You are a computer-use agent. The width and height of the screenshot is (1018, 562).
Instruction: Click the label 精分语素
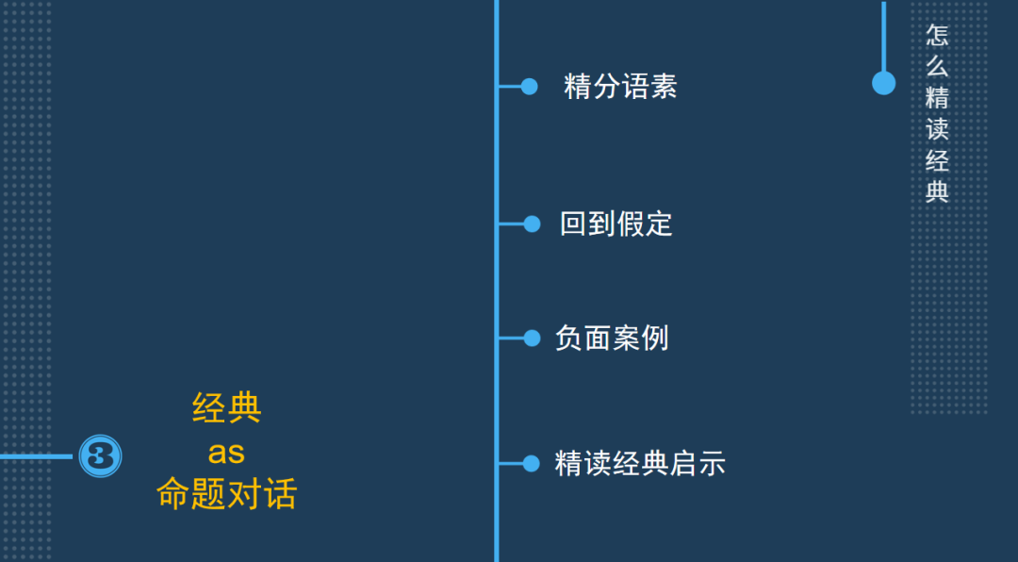click(620, 87)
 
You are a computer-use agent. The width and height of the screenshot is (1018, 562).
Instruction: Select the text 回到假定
click(616, 224)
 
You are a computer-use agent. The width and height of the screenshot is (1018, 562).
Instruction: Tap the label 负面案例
click(612, 338)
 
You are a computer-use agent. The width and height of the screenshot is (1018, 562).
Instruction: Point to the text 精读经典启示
click(640, 464)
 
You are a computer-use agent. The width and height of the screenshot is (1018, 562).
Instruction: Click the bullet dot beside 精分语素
click(530, 87)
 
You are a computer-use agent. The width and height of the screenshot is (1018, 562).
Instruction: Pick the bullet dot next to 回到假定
click(532, 224)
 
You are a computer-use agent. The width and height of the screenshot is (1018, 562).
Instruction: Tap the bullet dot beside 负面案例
click(532, 338)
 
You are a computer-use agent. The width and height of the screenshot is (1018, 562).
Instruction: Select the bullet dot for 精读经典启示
click(532, 464)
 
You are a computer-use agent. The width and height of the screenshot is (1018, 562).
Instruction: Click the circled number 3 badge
click(100, 456)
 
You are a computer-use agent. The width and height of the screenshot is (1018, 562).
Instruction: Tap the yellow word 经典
click(227, 408)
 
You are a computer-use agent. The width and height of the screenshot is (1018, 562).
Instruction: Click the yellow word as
click(227, 453)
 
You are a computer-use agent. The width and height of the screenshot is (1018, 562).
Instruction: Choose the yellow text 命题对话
click(227, 495)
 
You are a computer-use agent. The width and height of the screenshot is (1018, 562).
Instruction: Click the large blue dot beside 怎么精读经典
click(883, 83)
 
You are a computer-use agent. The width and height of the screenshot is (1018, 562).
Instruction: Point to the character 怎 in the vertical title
click(937, 36)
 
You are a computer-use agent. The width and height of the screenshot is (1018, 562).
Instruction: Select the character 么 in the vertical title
click(937, 67)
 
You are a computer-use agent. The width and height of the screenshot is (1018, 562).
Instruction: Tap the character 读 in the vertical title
click(937, 129)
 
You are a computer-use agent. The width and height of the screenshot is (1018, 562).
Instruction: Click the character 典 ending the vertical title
click(937, 191)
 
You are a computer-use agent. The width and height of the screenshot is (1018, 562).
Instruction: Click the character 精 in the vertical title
click(937, 98)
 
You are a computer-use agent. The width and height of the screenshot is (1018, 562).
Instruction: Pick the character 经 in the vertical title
click(937, 160)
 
